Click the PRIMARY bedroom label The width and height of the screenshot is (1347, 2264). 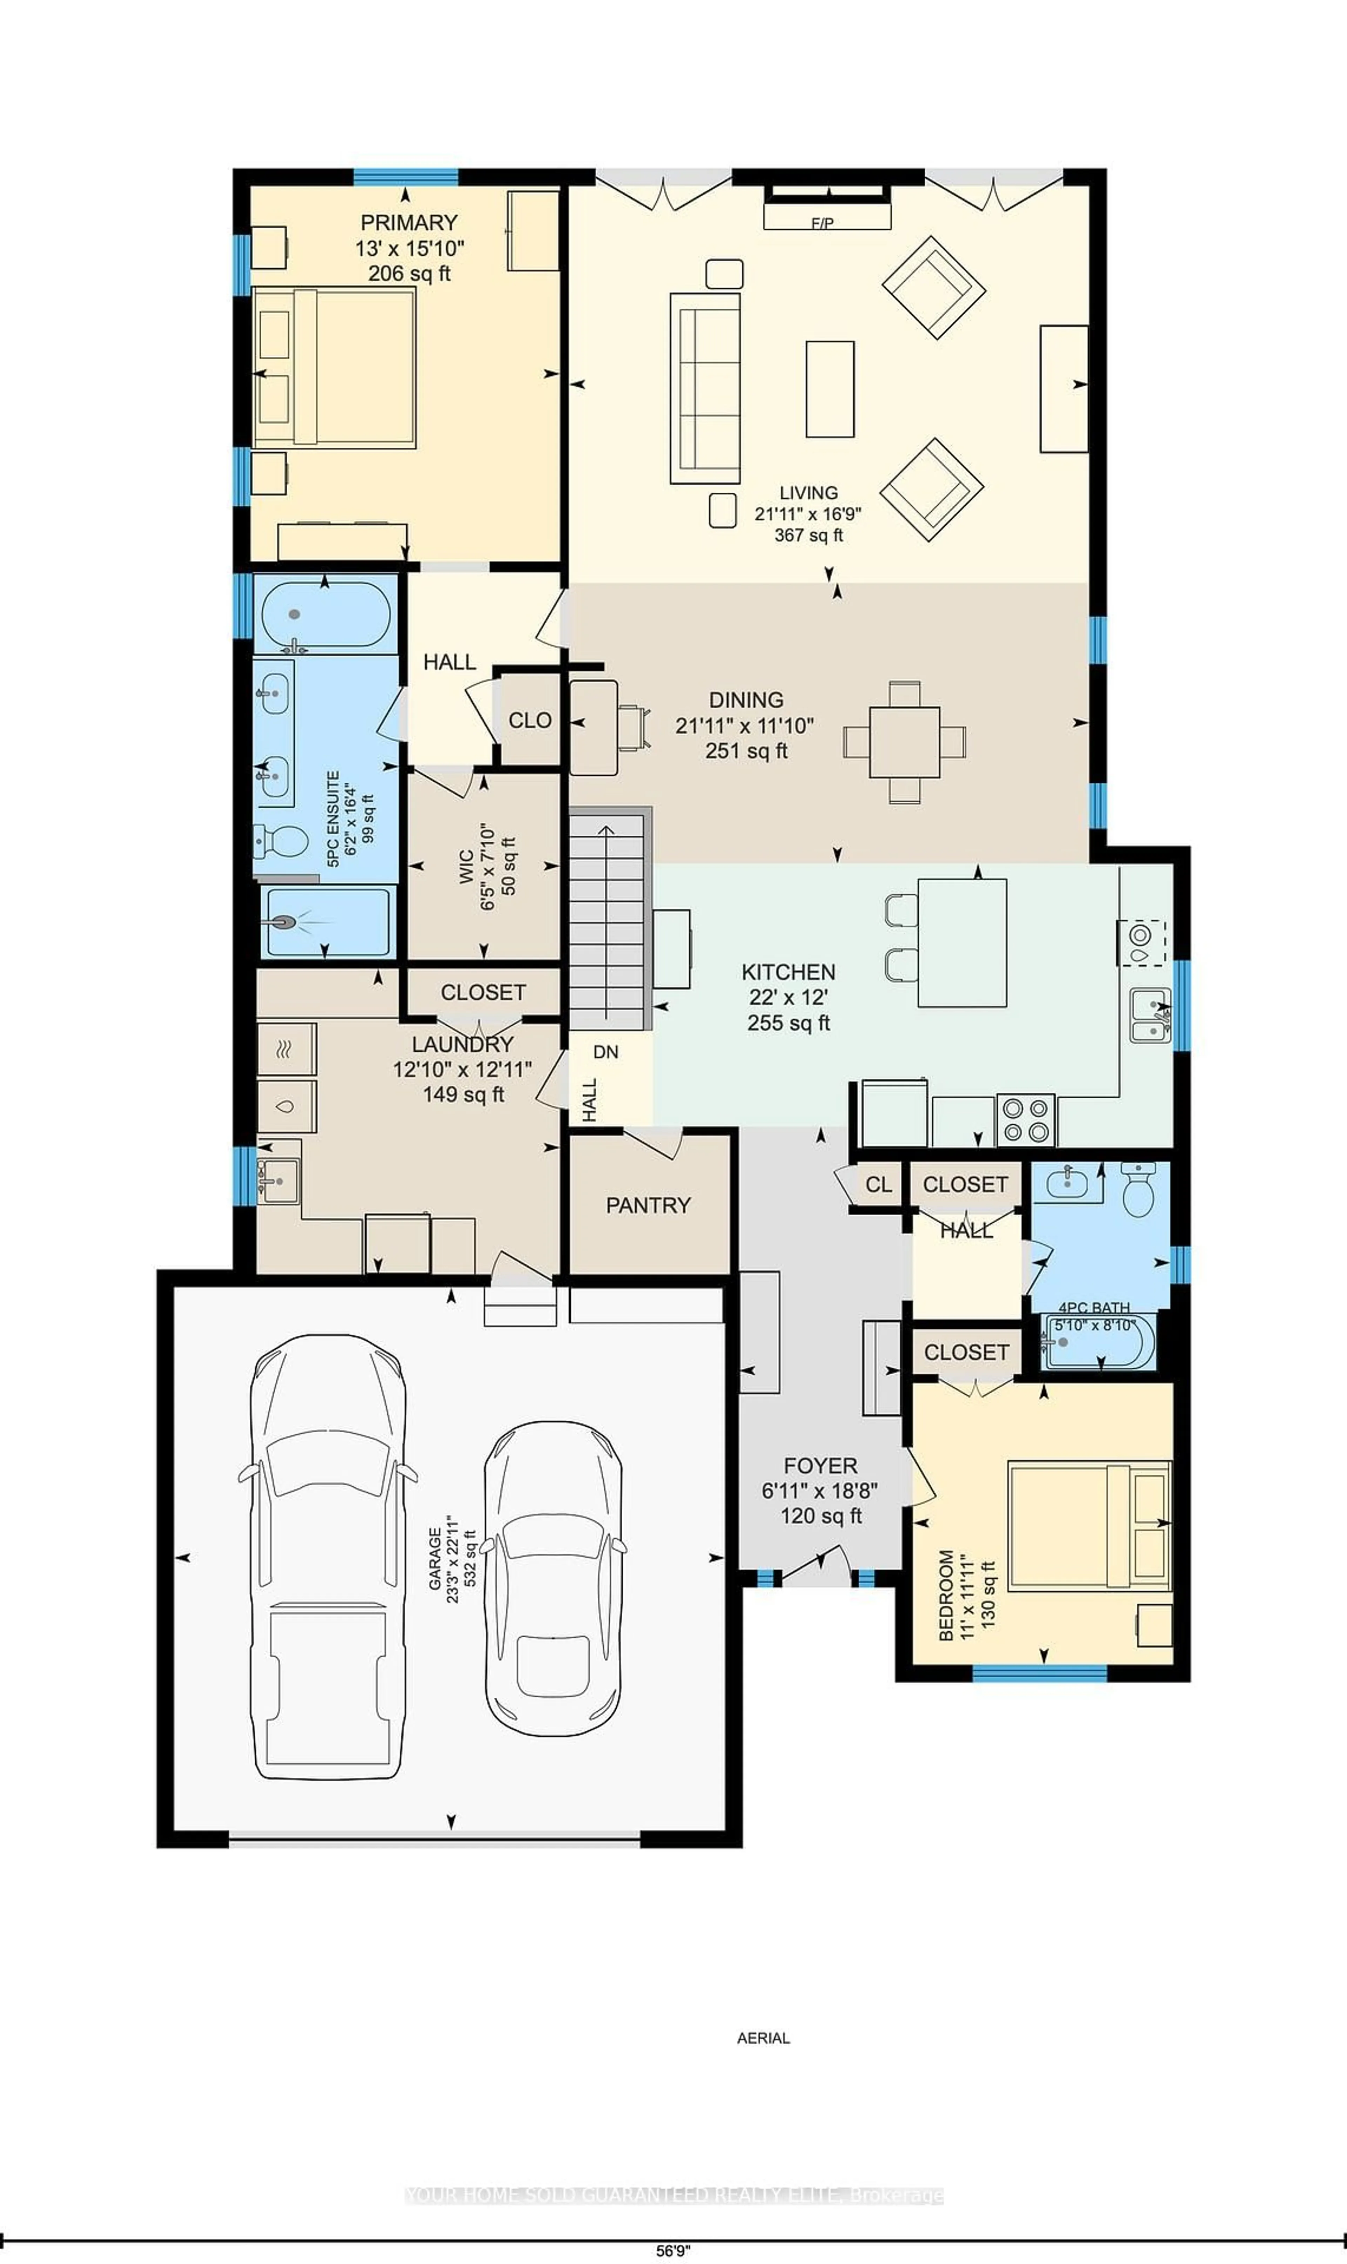pos(408,222)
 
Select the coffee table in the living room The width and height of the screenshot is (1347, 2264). pos(830,388)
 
